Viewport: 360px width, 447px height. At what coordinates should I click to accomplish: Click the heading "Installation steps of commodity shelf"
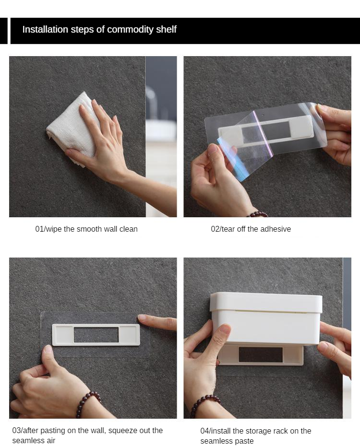99,29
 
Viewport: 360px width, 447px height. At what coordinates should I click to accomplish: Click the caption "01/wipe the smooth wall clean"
86,229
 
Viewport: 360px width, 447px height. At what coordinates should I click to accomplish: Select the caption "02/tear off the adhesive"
251,229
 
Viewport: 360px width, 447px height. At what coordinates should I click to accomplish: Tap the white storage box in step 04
266,318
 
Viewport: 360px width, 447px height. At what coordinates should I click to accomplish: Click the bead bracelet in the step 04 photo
204,404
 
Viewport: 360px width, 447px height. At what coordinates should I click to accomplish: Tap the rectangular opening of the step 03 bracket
96,335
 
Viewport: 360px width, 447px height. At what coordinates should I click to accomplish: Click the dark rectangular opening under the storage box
261,354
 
